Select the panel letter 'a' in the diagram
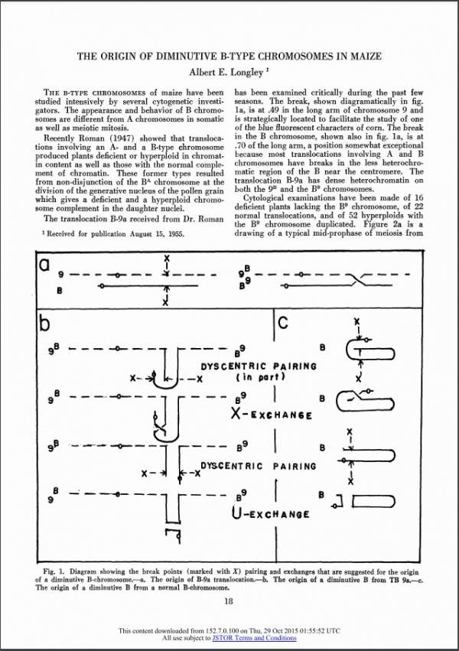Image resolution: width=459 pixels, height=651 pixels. point(46,265)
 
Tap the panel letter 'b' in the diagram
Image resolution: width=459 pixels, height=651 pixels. point(47,322)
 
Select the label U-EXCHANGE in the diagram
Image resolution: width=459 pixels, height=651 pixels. point(270,513)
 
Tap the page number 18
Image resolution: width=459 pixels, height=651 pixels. point(229,601)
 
